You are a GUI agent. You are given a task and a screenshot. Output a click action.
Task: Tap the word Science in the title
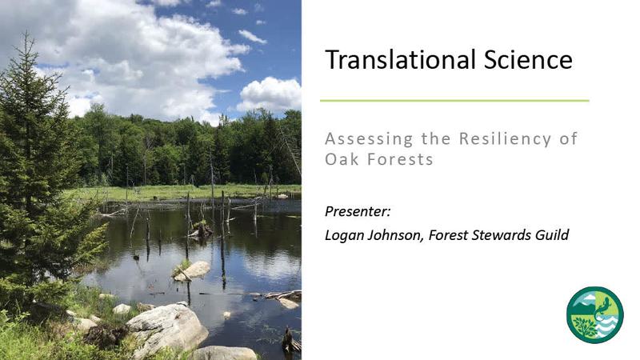(x=528, y=59)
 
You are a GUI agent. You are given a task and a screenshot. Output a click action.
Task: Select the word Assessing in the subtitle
(x=369, y=139)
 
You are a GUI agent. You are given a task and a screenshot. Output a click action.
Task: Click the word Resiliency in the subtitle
(x=506, y=139)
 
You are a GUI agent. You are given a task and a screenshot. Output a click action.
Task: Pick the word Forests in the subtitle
(x=400, y=159)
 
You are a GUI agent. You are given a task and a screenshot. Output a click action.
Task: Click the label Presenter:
(x=358, y=211)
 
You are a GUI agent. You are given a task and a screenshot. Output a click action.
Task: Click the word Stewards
(x=496, y=235)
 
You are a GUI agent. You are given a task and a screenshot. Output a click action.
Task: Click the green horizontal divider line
(x=454, y=101)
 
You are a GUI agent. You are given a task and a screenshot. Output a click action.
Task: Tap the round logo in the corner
(x=594, y=314)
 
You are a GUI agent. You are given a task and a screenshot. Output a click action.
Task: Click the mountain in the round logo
(x=582, y=304)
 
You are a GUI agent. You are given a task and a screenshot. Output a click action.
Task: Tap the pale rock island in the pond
(x=192, y=270)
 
